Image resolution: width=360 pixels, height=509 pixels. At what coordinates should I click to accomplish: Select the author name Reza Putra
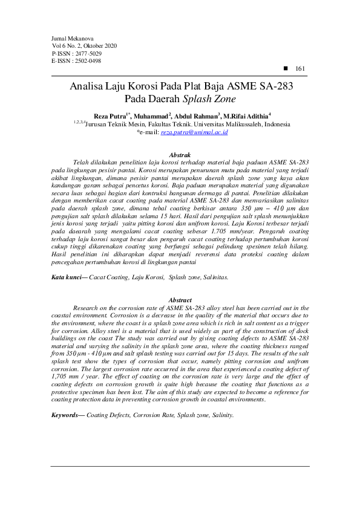click(x=109, y=115)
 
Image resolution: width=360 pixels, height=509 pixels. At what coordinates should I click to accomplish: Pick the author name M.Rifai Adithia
click(x=245, y=115)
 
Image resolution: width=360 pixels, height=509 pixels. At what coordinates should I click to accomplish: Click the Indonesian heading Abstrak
click(x=180, y=155)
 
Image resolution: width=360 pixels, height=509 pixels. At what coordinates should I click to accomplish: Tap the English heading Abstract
click(x=180, y=300)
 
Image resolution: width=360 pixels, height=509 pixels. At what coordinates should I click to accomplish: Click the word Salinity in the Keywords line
click(x=220, y=415)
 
